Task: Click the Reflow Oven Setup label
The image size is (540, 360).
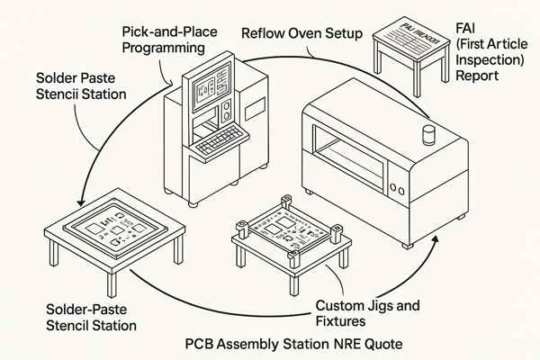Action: pyautogui.click(x=301, y=34)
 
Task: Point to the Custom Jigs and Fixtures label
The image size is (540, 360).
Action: pyautogui.click(x=369, y=313)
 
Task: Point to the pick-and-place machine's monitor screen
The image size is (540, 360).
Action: pyautogui.click(x=208, y=93)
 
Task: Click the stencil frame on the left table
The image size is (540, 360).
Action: pyautogui.click(x=116, y=229)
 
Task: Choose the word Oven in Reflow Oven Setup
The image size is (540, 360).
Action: pyautogui.click(x=303, y=34)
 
